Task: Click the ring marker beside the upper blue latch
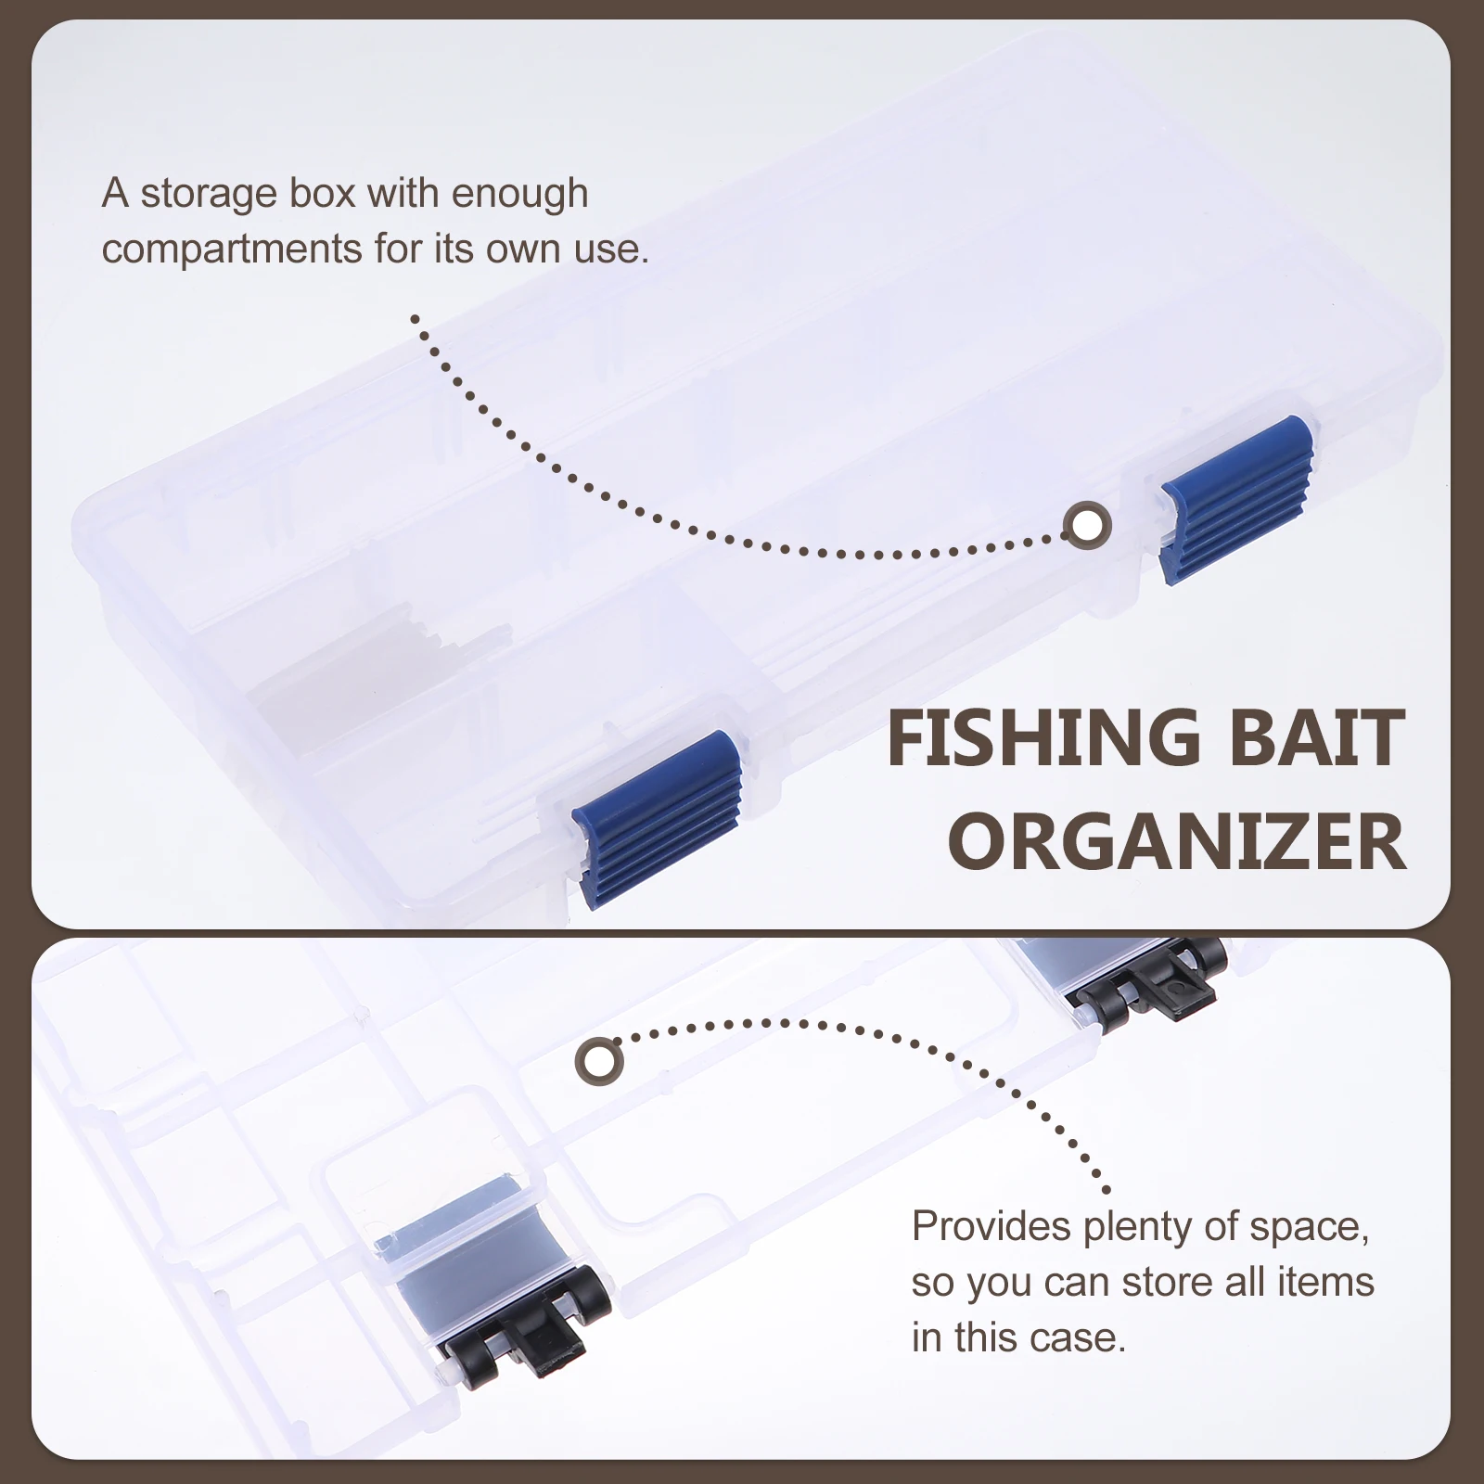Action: [x=1087, y=526]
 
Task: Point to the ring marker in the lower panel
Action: [x=599, y=1060]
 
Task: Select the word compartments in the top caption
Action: [x=232, y=249]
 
